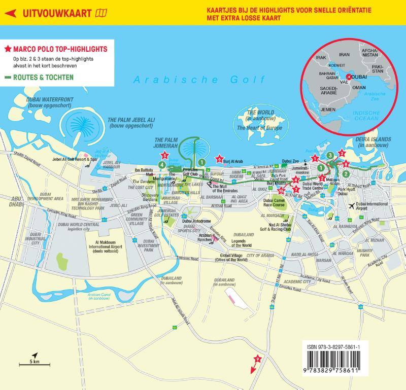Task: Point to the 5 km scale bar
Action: (x=33, y=363)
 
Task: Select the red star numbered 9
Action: (x=257, y=359)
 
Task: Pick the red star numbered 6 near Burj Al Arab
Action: (x=219, y=159)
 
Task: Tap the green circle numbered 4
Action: (x=161, y=164)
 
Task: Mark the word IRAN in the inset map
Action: (x=345, y=54)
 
